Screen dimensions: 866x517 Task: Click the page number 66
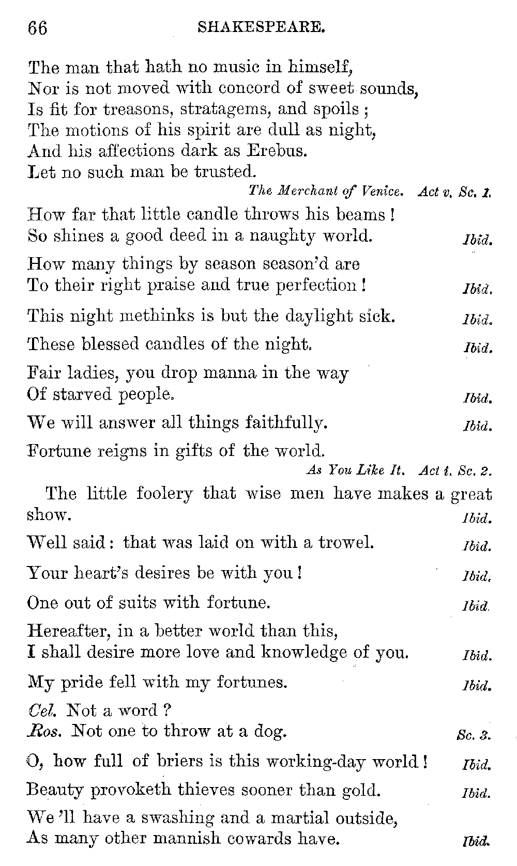(x=37, y=27)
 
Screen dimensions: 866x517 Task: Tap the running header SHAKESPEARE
(x=261, y=27)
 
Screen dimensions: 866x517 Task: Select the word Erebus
(x=278, y=151)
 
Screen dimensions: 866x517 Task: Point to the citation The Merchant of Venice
(x=325, y=192)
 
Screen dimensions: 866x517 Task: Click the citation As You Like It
(x=356, y=470)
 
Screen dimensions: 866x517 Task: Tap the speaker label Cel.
(x=42, y=711)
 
